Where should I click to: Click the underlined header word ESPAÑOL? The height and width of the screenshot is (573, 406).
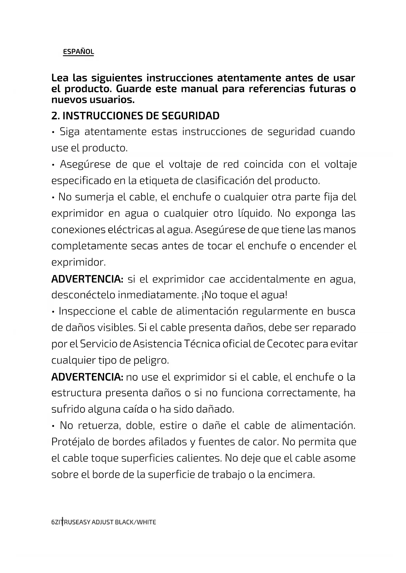click(x=78, y=52)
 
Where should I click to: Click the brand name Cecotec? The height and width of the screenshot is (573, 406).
click(x=285, y=344)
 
